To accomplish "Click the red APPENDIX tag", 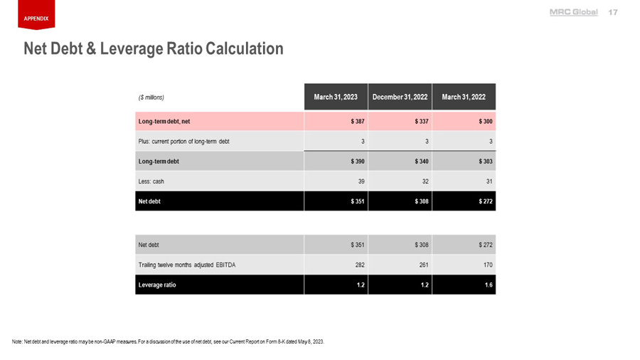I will click(36, 18).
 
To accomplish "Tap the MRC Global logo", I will click(573, 12).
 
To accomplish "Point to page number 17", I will click(613, 12).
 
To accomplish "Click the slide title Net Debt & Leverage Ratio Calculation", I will click(154, 48).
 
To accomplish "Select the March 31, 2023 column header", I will click(336, 97).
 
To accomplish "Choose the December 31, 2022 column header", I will click(400, 97).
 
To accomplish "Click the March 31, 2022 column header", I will click(464, 97).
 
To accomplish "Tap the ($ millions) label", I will click(151, 97).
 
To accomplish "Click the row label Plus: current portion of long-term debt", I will click(183, 142).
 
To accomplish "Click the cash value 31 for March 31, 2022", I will click(489, 181).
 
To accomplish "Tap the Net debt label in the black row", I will click(149, 201).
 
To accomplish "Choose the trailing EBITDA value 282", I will click(359, 265).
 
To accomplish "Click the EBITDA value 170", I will click(486, 265).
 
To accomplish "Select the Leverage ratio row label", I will click(157, 285).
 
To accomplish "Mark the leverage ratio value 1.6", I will click(489, 285).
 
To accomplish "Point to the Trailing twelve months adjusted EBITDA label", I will click(186, 265).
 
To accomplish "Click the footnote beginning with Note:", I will click(168, 342).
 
